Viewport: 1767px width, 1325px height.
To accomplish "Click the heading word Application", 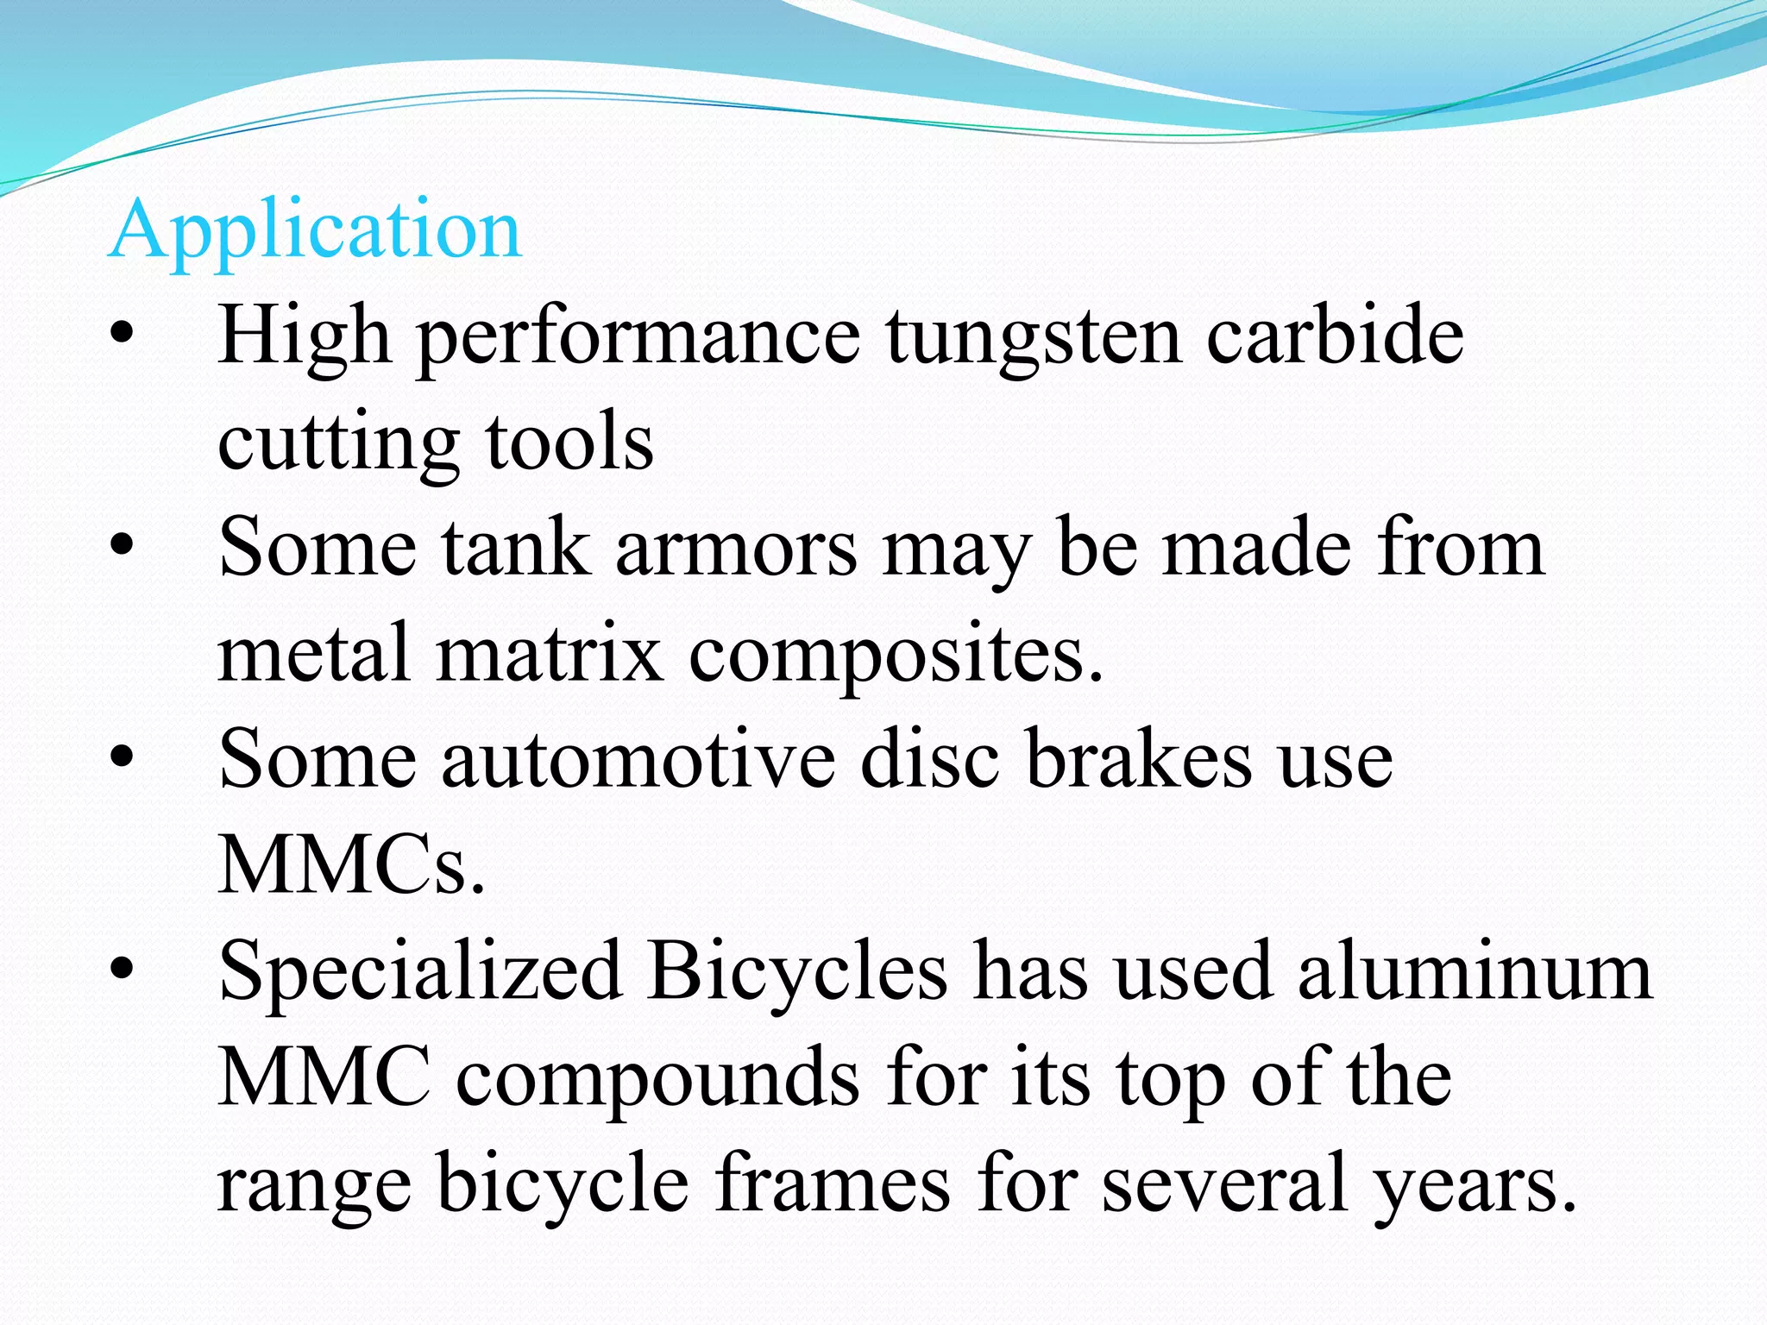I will [x=315, y=231].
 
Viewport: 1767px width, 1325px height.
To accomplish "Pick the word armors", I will [x=736, y=549].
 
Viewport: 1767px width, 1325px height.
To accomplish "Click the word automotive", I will [x=638, y=759].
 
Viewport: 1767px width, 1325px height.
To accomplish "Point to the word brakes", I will [x=1139, y=759].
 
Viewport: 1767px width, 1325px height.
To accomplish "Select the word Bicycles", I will [x=798, y=971].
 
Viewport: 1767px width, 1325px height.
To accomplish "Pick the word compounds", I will [x=657, y=1079].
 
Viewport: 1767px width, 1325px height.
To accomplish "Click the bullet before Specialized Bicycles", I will [x=122, y=969].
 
